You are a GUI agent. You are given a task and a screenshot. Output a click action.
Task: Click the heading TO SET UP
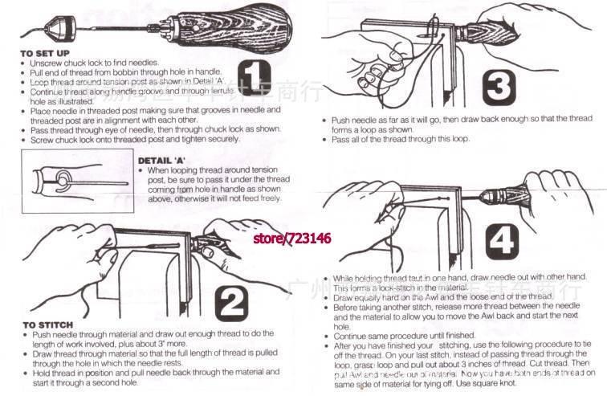(44, 53)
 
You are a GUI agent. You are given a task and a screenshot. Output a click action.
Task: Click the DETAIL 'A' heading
(165, 160)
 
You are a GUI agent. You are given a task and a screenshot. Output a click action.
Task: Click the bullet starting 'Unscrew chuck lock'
(92, 63)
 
